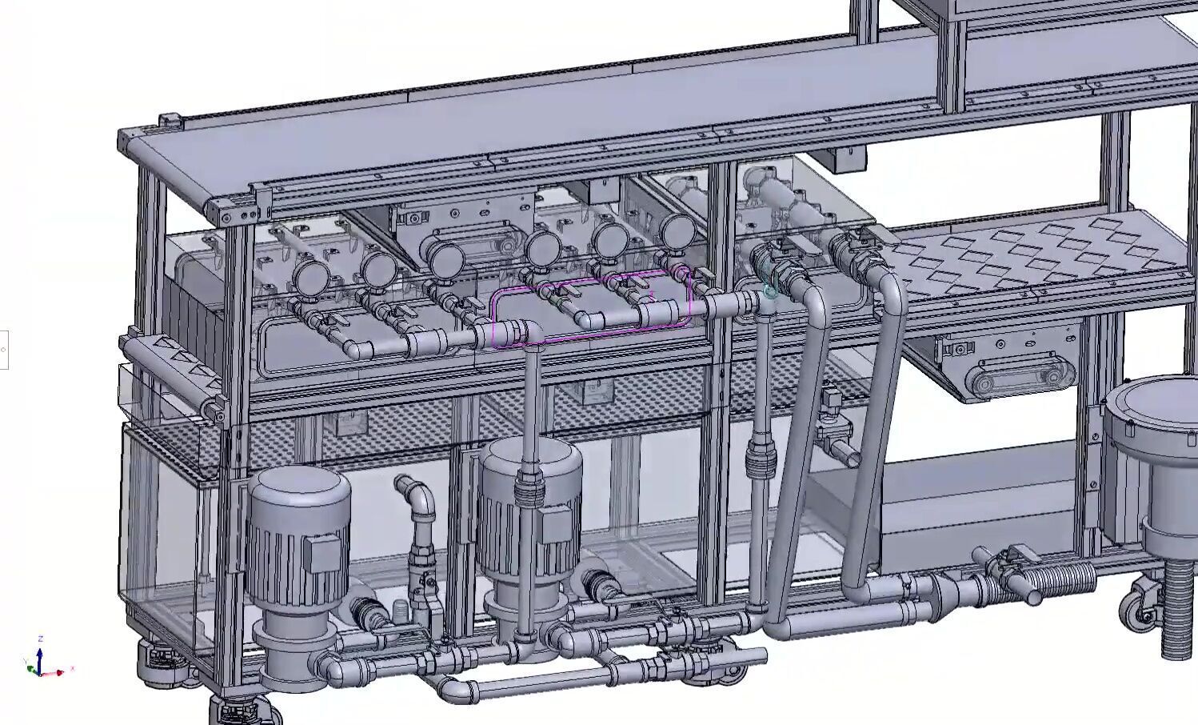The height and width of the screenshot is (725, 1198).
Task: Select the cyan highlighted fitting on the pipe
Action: click(x=769, y=292)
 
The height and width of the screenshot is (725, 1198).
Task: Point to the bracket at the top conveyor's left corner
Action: click(x=169, y=122)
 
